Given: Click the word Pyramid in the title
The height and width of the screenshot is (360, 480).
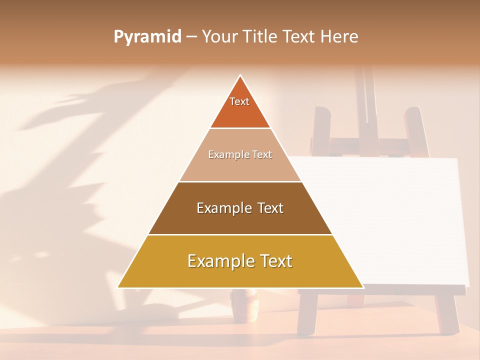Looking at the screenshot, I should click(x=147, y=37).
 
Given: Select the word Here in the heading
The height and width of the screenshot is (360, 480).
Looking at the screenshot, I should click(x=339, y=36).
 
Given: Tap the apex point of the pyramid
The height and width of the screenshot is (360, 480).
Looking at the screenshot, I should click(x=240, y=75).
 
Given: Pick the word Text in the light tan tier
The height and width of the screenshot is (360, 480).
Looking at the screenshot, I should click(x=262, y=155).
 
